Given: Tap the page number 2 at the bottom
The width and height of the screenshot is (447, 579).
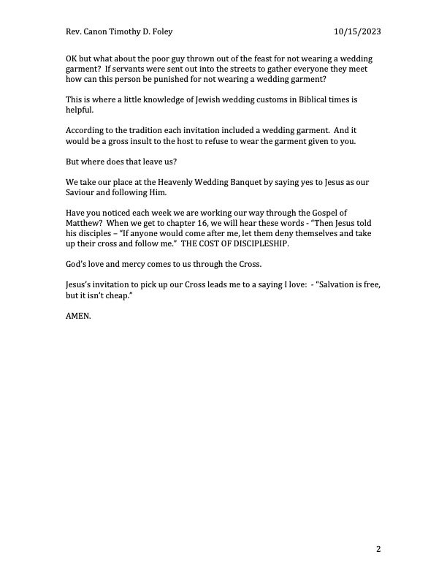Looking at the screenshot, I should (379, 548).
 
